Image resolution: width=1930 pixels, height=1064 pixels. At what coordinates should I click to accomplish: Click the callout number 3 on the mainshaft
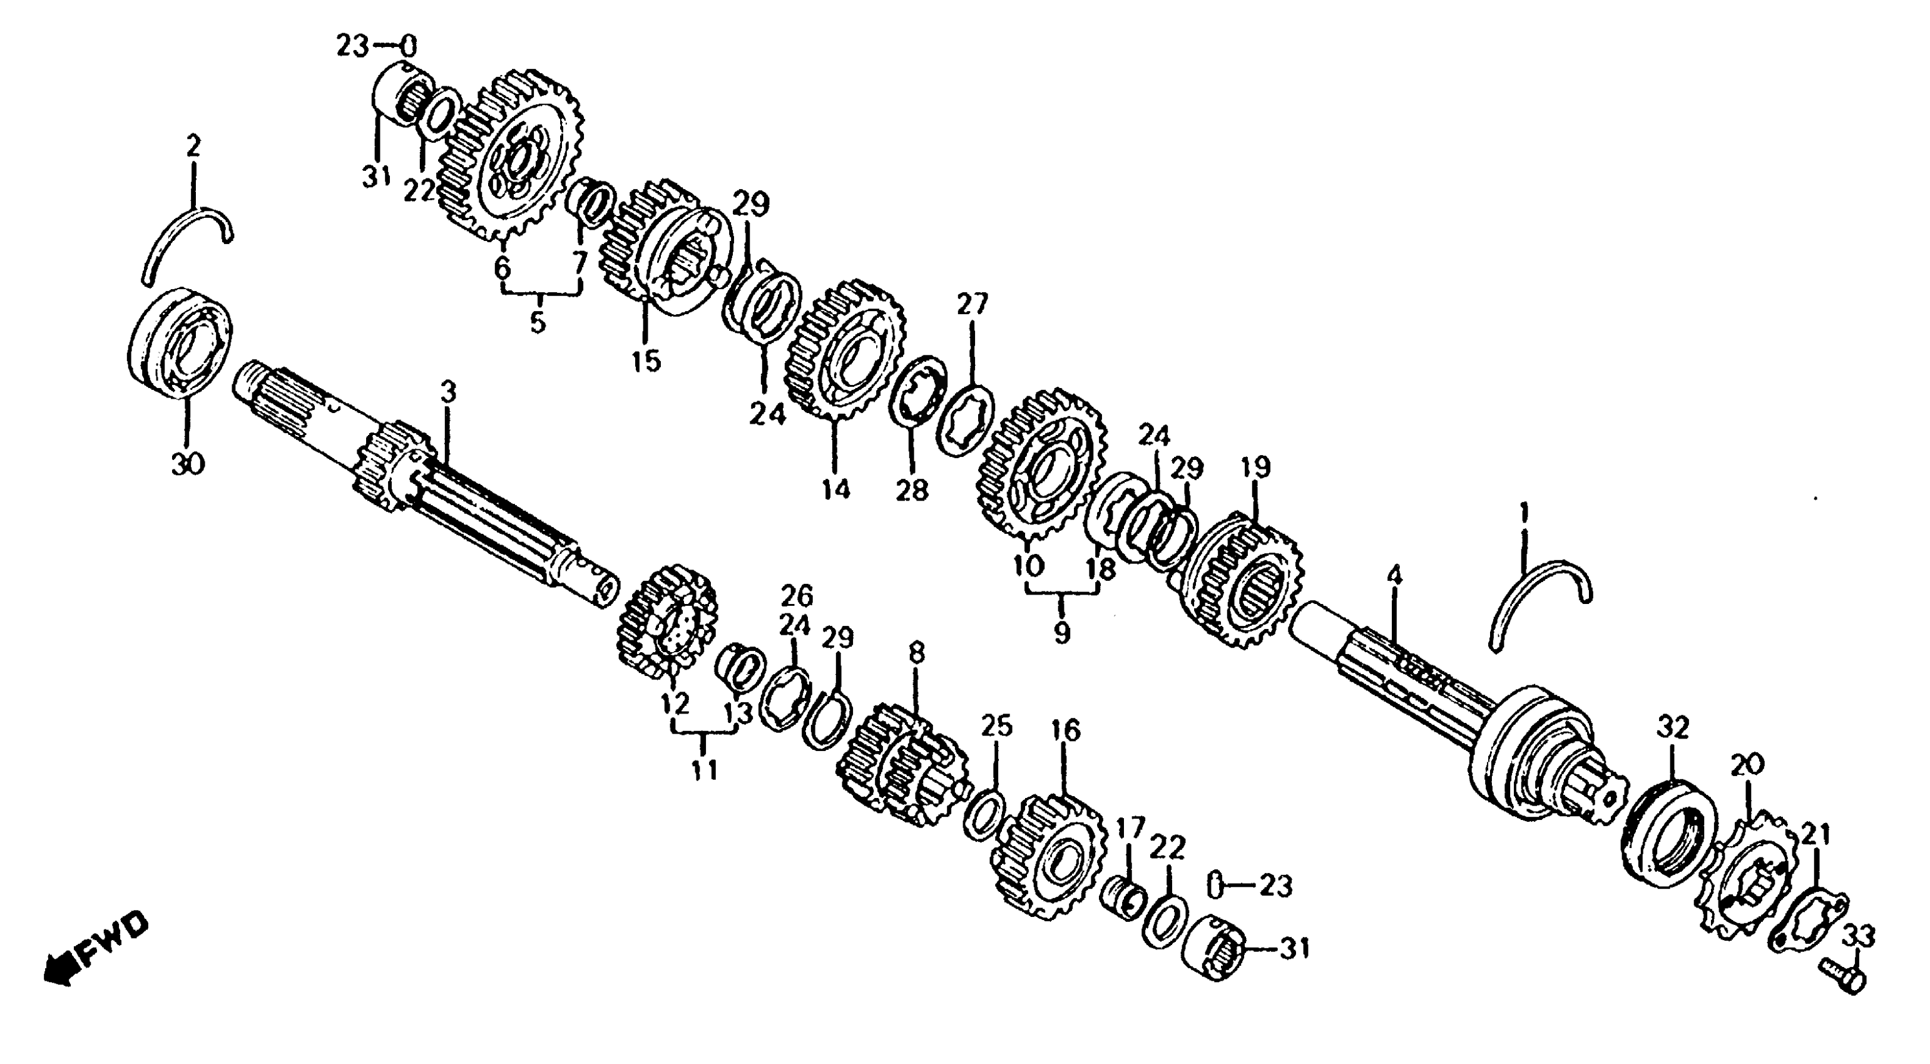(x=447, y=391)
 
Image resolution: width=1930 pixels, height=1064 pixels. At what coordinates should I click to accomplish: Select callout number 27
(x=973, y=305)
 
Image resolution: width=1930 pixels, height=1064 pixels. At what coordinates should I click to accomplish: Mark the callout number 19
(x=1256, y=467)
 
